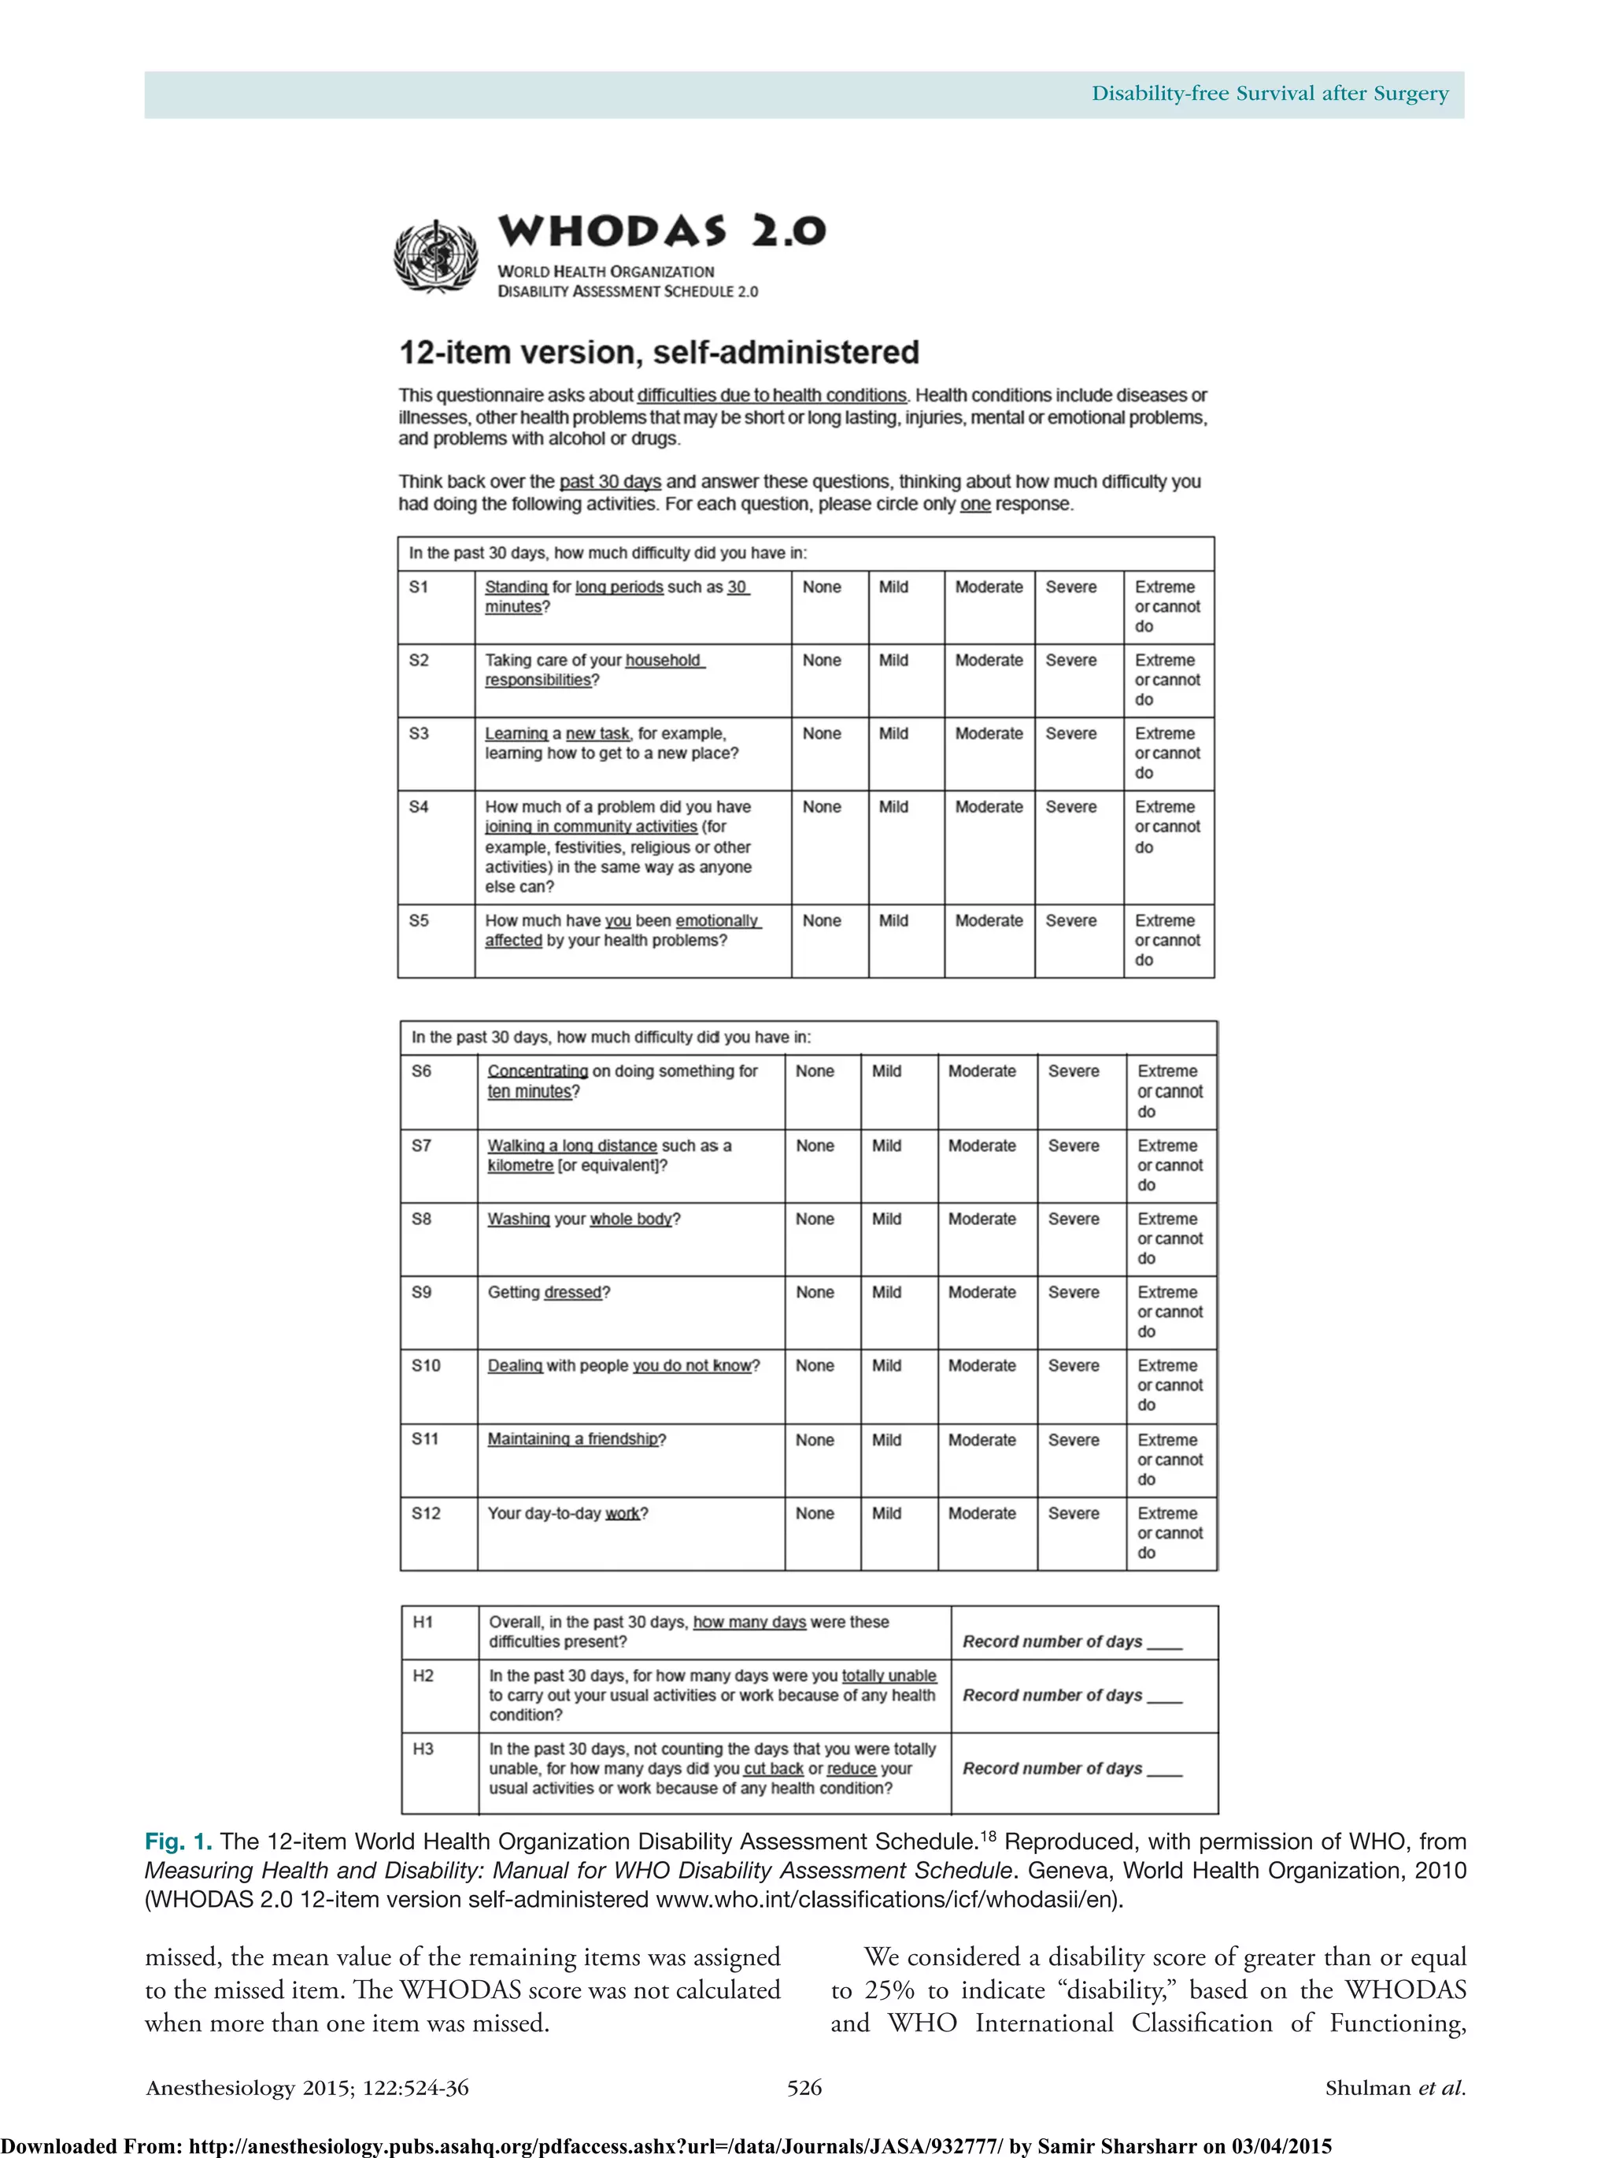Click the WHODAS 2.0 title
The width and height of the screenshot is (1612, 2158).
[661, 231]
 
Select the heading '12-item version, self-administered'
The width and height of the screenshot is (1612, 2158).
[658, 352]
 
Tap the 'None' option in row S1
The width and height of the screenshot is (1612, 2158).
[821, 587]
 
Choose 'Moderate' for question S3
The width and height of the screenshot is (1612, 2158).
[988, 734]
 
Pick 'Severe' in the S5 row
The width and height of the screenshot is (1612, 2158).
[1070, 921]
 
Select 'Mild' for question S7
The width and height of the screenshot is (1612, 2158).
[885, 1146]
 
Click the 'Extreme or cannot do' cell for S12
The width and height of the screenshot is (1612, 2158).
[1170, 1533]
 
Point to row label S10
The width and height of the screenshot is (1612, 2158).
[425, 1365]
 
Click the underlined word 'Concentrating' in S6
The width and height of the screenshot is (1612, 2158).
[538, 1072]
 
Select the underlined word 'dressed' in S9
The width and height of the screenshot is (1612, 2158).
[572, 1292]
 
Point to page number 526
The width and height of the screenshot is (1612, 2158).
[804, 2087]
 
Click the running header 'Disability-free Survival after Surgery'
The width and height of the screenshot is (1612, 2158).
[1270, 94]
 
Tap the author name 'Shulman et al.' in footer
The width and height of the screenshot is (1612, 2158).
[1395, 2087]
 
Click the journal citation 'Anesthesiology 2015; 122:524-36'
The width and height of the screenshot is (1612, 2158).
[307, 2087]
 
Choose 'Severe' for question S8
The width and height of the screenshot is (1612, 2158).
[1073, 1219]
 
